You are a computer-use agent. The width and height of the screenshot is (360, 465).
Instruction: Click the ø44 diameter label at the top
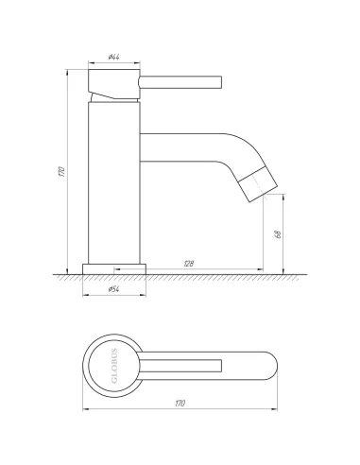pos(113,59)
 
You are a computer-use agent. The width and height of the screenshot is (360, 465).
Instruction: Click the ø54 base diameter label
pos(113,290)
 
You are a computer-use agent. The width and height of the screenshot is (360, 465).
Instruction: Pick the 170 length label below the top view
pos(179,404)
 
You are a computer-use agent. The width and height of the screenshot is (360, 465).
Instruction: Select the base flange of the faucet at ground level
pos(114,267)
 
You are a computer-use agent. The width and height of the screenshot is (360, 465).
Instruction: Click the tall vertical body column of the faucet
pos(114,180)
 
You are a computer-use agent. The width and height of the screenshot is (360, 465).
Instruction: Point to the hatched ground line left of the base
pos(66,276)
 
